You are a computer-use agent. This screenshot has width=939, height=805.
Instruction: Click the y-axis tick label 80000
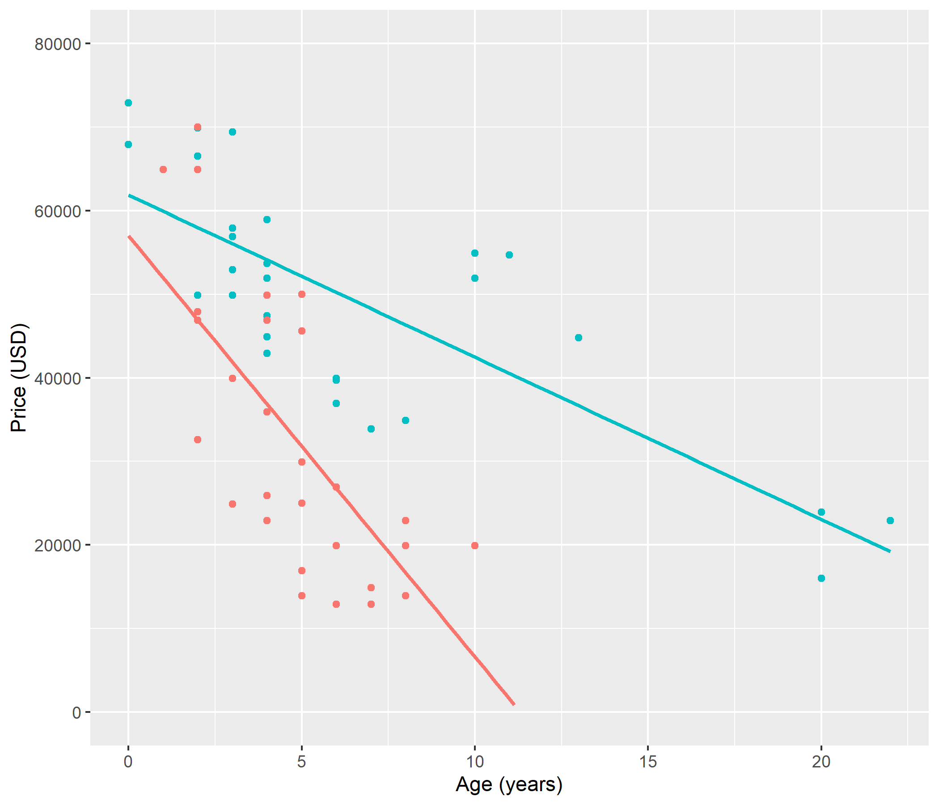(x=58, y=44)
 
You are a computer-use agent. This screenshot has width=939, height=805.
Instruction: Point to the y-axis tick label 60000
(x=58, y=211)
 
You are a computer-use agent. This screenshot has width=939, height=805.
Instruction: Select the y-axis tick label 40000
(x=58, y=378)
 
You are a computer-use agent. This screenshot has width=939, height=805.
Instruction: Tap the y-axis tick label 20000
(x=58, y=545)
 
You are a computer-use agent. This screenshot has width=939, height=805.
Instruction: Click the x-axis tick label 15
(x=648, y=762)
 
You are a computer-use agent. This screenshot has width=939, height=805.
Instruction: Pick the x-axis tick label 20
(x=821, y=762)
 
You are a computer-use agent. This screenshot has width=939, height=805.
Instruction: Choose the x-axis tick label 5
(x=301, y=762)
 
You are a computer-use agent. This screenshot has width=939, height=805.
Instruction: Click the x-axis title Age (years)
(x=509, y=784)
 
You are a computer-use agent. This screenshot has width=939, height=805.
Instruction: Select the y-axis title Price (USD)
(x=19, y=378)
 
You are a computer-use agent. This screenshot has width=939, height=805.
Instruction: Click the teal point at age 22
(x=890, y=521)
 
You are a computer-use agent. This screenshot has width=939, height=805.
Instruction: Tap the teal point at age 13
(x=578, y=338)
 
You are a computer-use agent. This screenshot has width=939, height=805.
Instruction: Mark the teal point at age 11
(x=509, y=255)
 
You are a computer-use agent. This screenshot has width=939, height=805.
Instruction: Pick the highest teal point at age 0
(x=128, y=103)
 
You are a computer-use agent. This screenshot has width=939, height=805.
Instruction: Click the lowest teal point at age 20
(x=821, y=578)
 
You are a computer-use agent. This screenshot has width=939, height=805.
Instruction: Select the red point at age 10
(x=474, y=545)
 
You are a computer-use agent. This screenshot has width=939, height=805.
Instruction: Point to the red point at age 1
(x=163, y=169)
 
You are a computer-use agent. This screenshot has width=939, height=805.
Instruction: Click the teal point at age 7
(x=371, y=429)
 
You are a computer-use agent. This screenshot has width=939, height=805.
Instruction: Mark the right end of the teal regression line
(x=890, y=551)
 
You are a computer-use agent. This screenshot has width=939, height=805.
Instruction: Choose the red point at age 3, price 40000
(x=233, y=378)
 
